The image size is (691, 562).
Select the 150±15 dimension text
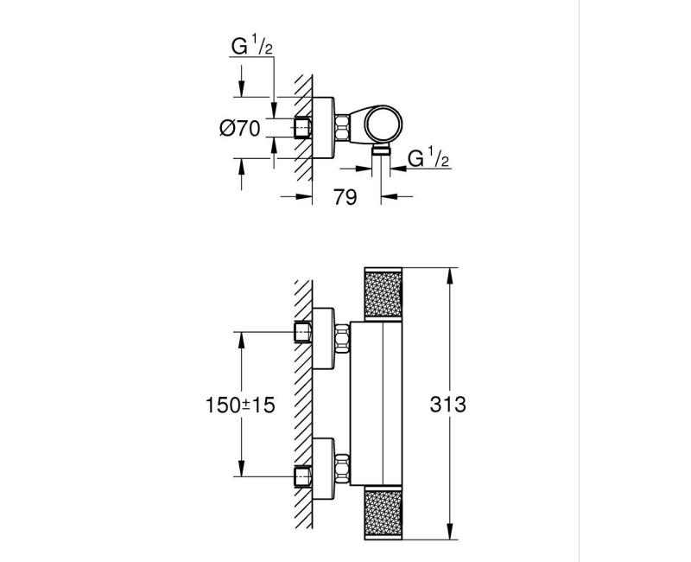(239, 405)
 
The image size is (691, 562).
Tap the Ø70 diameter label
(240, 128)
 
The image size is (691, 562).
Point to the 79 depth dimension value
(345, 198)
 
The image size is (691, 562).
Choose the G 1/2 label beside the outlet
(426, 158)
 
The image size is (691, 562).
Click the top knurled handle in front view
(383, 298)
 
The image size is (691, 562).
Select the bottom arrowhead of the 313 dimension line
(449, 534)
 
